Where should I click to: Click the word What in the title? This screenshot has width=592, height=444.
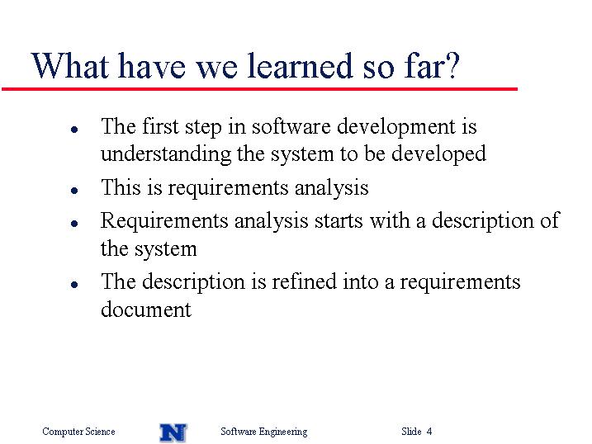pyautogui.click(x=70, y=66)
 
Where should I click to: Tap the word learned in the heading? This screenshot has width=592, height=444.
pyautogui.click(x=301, y=66)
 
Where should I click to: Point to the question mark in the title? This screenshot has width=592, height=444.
pyautogui.click(x=452, y=66)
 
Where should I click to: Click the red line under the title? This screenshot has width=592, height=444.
pyautogui.click(x=259, y=89)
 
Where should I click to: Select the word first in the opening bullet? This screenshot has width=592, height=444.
pyautogui.click(x=160, y=126)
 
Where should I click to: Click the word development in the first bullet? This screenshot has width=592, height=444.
pyautogui.click(x=396, y=127)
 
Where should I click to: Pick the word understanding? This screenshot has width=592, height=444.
pyautogui.click(x=166, y=154)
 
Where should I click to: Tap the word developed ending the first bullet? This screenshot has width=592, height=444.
pyautogui.click(x=438, y=154)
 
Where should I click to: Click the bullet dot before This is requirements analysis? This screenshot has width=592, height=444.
pyautogui.click(x=74, y=191)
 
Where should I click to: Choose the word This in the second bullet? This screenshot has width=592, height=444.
pyautogui.click(x=121, y=187)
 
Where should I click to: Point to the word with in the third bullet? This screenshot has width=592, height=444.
pyautogui.click(x=390, y=220)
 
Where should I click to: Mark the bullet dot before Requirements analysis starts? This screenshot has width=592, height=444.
pyautogui.click(x=74, y=224)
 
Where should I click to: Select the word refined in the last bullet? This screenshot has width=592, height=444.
pyautogui.click(x=304, y=281)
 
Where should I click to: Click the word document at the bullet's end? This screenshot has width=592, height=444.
pyautogui.click(x=146, y=309)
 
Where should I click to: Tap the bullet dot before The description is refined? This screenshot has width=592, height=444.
pyautogui.click(x=74, y=285)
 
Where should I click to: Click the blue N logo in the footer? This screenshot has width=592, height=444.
pyautogui.click(x=173, y=432)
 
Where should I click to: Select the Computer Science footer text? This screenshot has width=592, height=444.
pyautogui.click(x=78, y=432)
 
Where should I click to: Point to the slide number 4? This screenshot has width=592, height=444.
pyautogui.click(x=429, y=431)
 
